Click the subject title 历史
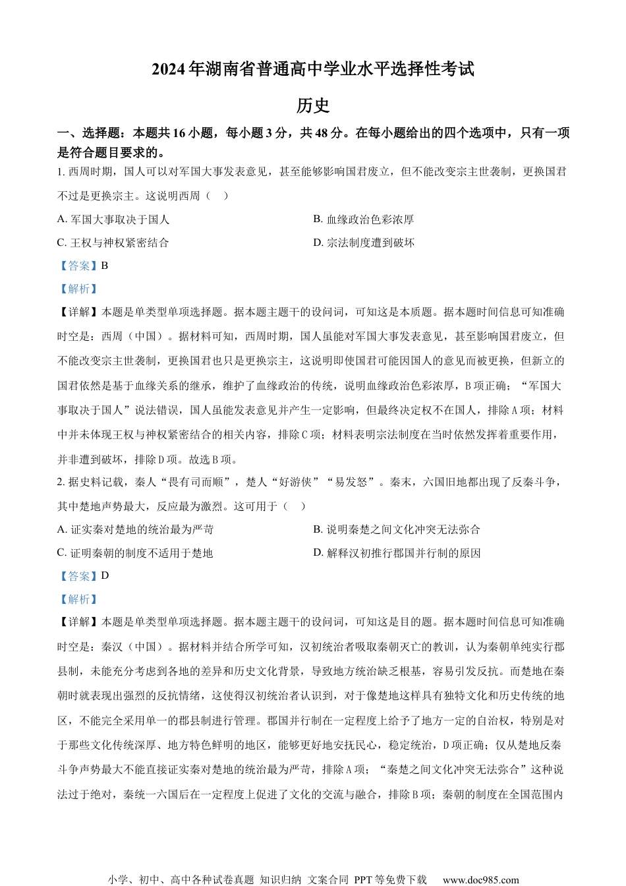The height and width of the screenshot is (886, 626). (x=312, y=105)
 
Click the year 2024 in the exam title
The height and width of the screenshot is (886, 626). (x=169, y=70)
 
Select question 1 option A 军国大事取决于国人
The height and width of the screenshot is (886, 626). (x=113, y=220)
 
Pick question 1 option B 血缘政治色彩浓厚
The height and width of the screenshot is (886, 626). (x=364, y=220)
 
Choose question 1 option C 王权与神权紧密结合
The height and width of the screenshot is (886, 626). (x=113, y=243)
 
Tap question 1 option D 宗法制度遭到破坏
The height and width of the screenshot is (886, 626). (x=364, y=243)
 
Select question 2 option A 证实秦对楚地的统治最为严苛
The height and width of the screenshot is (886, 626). (x=136, y=529)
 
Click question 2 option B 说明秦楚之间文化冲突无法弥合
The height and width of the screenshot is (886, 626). (x=397, y=529)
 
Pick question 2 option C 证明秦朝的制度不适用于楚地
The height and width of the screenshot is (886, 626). (x=135, y=553)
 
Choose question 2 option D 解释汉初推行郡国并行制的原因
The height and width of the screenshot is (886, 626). (x=397, y=553)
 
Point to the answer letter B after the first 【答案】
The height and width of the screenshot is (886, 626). (x=105, y=266)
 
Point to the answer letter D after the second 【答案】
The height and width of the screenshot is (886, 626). (x=105, y=576)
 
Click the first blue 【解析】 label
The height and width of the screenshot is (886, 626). (x=78, y=289)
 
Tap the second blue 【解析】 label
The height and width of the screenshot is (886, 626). (x=78, y=599)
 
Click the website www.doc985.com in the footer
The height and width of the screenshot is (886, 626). (x=480, y=879)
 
